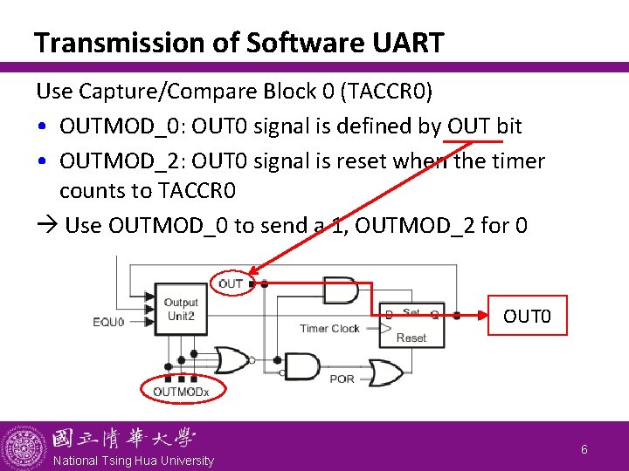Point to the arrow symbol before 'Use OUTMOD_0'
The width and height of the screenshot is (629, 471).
(46, 225)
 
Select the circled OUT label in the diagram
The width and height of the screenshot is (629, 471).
(231, 283)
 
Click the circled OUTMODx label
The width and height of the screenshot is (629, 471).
(181, 392)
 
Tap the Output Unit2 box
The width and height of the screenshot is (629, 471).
(180, 310)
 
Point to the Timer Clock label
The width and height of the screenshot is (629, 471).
(329, 329)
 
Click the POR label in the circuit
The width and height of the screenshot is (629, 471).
(342, 379)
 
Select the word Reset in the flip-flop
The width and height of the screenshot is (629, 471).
(411, 338)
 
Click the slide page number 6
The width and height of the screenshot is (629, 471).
(584, 449)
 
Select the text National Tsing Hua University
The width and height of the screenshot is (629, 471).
(133, 461)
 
